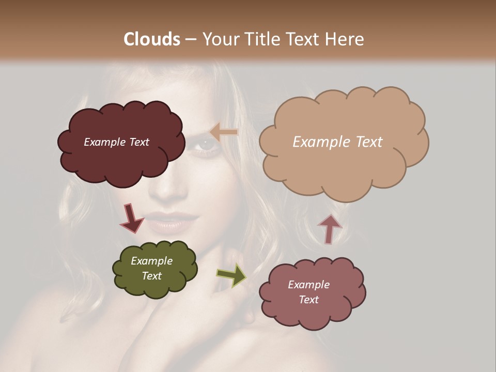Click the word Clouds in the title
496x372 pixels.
pyautogui.click(x=152, y=39)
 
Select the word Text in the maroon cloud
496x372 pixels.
pyautogui.click(x=139, y=142)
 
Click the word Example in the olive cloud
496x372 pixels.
pyautogui.click(x=151, y=261)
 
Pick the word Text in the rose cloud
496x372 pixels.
pyautogui.click(x=308, y=300)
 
